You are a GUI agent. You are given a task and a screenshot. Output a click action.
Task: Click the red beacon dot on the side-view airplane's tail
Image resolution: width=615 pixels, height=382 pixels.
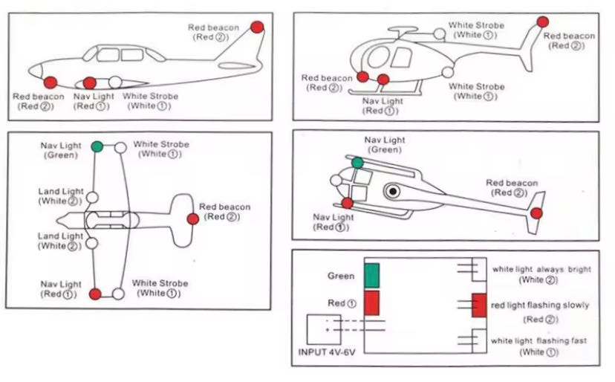coord(257,27)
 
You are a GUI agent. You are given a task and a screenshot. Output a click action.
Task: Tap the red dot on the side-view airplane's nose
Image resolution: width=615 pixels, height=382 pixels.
coord(51,82)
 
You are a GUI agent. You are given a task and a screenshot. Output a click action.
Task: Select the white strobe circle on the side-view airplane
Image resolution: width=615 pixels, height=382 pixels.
coord(115,82)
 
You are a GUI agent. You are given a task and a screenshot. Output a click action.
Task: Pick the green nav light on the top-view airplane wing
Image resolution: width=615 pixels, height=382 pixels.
coord(97,146)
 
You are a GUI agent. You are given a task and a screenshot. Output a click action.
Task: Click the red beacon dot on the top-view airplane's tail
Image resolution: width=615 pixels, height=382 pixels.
coord(193,218)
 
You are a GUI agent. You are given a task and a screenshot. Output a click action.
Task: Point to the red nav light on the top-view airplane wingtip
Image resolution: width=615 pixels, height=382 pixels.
coord(95,294)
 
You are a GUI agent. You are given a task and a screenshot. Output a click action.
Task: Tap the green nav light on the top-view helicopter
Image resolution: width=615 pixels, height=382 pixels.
coord(358,163)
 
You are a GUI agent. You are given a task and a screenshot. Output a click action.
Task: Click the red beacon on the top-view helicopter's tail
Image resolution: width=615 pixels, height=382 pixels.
coord(536,213)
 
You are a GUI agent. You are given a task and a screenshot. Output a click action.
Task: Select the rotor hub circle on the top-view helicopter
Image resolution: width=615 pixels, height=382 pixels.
coord(392,191)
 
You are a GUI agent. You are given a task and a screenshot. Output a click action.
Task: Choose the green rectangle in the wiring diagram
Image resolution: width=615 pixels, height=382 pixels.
coord(371,274)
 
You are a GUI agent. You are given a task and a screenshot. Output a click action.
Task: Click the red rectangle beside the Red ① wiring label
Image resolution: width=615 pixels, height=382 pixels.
coord(371,303)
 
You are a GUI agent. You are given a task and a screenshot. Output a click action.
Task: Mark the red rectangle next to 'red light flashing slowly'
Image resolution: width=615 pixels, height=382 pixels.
coord(479,305)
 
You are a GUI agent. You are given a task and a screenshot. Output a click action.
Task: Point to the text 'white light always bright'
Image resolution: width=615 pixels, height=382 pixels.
coord(541,269)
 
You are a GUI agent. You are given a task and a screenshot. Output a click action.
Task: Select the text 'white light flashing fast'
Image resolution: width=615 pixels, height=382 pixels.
coord(538,340)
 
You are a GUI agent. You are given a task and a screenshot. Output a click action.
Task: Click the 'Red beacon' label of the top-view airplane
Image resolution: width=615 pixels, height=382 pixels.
coord(224,207)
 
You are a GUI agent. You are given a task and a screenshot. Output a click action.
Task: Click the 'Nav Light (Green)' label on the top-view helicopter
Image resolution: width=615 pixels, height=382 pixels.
coord(385,144)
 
